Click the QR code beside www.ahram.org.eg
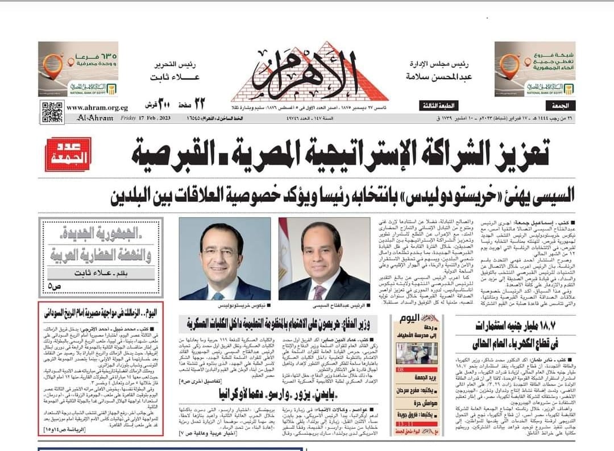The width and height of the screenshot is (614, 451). click(x=52, y=110)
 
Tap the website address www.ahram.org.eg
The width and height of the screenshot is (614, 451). click(x=97, y=107)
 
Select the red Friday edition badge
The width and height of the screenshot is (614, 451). click(x=68, y=154)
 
